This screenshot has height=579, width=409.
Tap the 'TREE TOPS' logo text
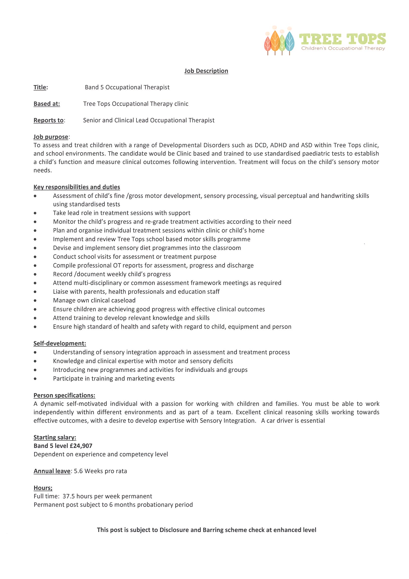point(342,39)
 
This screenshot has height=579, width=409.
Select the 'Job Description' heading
point(206,71)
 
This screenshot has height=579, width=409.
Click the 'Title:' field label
point(41,87)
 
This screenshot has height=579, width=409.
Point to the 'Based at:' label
point(47,104)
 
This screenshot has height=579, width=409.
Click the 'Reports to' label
point(48,120)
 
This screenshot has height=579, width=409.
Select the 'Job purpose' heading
point(51,137)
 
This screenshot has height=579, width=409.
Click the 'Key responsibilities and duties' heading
point(77,187)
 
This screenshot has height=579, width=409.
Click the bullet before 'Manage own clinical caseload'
point(35,301)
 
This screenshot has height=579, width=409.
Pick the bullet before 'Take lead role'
point(35,213)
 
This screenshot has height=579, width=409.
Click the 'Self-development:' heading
point(60,343)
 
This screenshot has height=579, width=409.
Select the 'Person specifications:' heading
point(64,395)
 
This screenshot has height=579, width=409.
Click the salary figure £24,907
point(81,446)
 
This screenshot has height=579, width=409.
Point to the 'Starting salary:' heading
point(55,437)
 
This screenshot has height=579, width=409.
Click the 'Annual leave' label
point(52,471)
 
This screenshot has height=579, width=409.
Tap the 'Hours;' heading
point(43,488)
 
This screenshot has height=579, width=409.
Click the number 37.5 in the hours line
point(68,496)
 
